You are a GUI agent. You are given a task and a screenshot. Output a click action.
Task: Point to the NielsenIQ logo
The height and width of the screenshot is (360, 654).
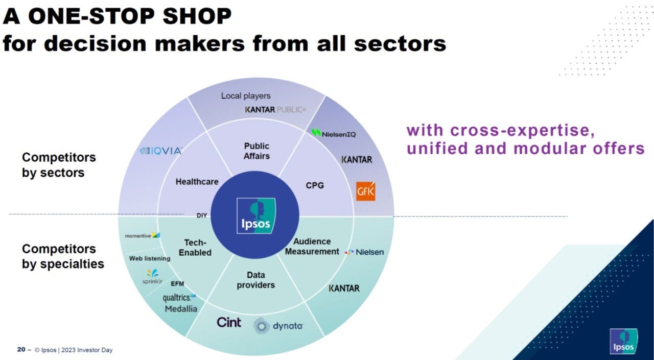pos(334,133)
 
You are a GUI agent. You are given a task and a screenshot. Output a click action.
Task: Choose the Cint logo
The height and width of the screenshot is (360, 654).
pos(228,322)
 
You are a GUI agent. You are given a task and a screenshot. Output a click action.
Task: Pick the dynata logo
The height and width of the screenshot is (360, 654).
pos(278,325)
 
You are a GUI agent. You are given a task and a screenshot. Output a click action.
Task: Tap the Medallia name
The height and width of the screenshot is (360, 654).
pos(181,309)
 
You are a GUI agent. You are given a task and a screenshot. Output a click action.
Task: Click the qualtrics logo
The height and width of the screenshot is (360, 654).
pos(179,297)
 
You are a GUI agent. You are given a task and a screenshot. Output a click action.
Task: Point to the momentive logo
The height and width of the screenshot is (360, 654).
pos(143,235)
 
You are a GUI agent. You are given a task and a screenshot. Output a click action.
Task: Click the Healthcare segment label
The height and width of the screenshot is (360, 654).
pos(197,181)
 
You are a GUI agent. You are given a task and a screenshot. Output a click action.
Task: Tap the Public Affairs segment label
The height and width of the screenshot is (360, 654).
pos(256,151)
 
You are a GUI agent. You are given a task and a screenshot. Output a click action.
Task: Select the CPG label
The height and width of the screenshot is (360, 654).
pos(315,185)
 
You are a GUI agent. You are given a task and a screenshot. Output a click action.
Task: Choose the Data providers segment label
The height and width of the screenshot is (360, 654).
pos(255,280)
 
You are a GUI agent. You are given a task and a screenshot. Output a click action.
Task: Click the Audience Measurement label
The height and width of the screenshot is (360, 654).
pos(312,246)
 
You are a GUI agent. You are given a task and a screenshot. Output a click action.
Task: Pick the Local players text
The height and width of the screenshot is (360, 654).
pos(246,95)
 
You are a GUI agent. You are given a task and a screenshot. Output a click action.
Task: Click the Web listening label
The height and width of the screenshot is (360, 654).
pos(150,258)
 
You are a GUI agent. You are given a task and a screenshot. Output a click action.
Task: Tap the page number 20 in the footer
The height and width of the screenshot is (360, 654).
pos(21,350)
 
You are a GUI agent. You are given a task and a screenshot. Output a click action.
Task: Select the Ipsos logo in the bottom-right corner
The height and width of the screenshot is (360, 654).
pos(622,341)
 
